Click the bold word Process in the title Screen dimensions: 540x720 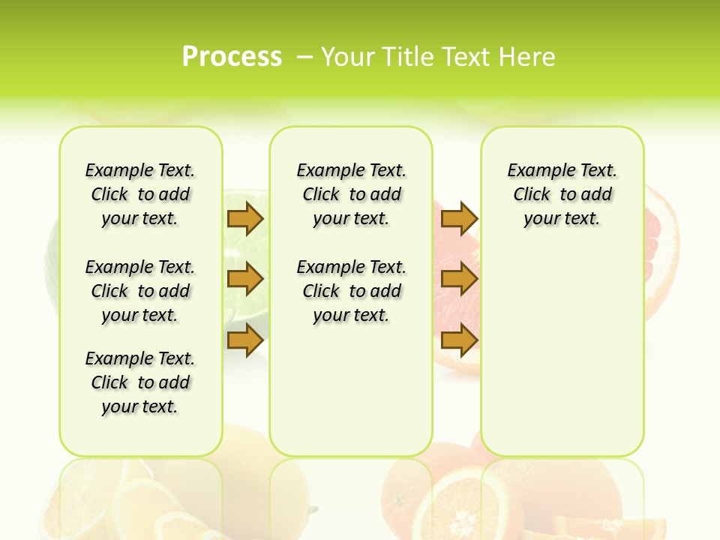pos(232,57)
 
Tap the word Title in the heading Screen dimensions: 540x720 pos(410,57)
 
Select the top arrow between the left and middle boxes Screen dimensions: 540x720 pos(245,218)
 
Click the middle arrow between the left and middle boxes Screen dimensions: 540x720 pos(245,279)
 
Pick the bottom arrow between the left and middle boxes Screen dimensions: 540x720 pos(245,340)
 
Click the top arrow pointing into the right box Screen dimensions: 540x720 pos(459,218)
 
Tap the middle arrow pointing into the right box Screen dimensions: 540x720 pos(459,279)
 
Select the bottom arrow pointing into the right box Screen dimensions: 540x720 pos(459,340)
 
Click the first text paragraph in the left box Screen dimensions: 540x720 pos(140,194)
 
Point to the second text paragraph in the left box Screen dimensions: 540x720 pos(140,291)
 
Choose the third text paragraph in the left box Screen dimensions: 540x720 pos(140,382)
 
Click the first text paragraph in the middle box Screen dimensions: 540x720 pos(351,194)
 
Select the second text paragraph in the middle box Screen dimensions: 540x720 pos(351,291)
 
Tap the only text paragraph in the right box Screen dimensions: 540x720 pos(562,194)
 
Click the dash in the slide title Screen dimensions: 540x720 pos(305,57)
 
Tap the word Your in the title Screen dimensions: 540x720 pos(348,57)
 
